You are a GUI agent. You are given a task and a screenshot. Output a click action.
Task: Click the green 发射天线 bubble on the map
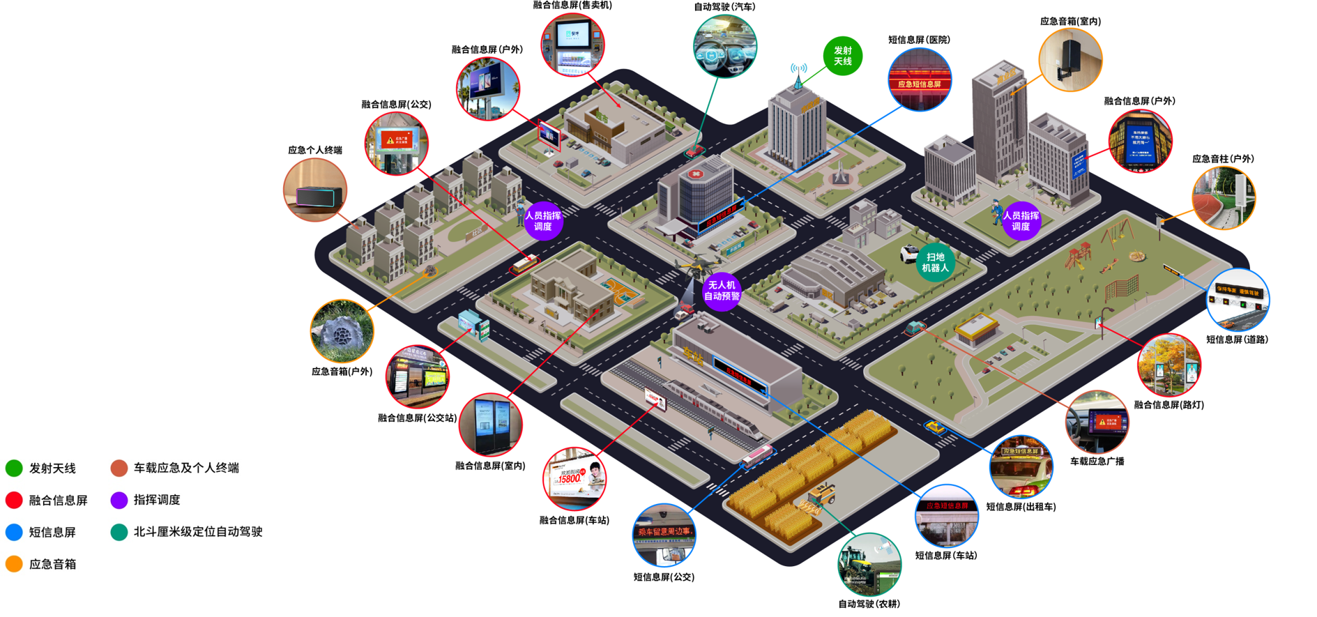tap(842, 56)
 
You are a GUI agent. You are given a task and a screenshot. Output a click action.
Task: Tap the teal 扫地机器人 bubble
tap(935, 262)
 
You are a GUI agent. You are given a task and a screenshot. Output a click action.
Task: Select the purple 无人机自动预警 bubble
tap(721, 291)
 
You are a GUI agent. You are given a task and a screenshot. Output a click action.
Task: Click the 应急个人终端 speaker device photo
tap(315, 190)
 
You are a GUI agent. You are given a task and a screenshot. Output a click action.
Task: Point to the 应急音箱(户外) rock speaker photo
tap(342, 331)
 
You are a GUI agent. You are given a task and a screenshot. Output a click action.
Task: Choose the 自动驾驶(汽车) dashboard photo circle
tap(725, 46)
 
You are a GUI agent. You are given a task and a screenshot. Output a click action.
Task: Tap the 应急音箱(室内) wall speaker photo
tap(1070, 59)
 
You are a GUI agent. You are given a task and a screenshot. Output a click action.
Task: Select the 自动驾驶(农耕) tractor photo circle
tap(869, 565)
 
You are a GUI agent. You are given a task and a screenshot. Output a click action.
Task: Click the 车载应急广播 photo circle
tap(1097, 422)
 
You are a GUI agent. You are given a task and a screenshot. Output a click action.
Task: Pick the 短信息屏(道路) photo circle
tap(1238, 300)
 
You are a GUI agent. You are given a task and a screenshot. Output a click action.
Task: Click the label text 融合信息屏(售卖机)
tap(572, 6)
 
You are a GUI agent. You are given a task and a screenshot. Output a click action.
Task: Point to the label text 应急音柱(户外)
tap(1223, 159)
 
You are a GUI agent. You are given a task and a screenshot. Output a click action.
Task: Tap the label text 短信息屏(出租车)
tap(1021, 507)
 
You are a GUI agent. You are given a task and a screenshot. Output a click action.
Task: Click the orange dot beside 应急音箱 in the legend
tap(14, 564)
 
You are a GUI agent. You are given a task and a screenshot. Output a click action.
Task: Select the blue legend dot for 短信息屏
tap(14, 532)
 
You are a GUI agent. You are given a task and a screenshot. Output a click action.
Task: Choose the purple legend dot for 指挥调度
tap(119, 500)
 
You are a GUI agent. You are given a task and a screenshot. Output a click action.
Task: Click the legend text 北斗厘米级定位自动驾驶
tap(198, 531)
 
